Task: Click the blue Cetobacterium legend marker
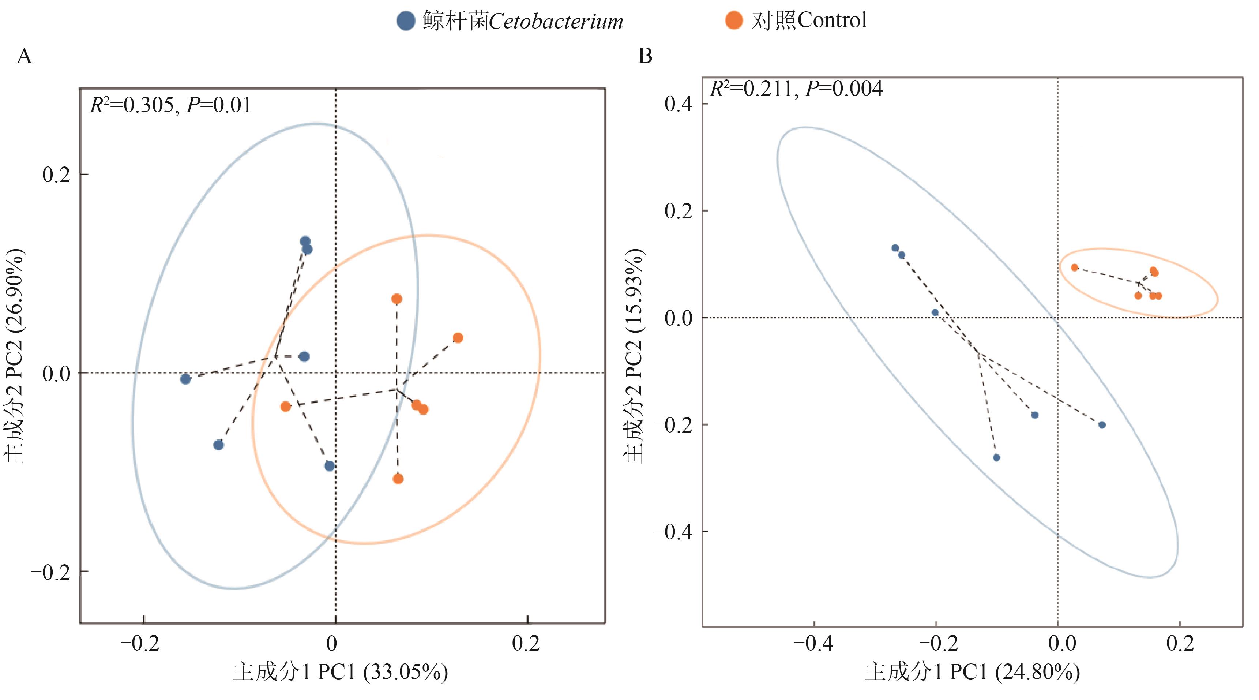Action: [x=406, y=21]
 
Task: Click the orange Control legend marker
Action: [x=734, y=20]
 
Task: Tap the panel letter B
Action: [x=645, y=56]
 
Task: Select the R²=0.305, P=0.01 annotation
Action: [x=170, y=105]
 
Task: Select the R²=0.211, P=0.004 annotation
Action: [x=796, y=89]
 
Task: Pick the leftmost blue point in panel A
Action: [x=185, y=379]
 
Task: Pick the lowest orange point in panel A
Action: [x=398, y=479]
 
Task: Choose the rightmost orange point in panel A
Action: [x=458, y=338]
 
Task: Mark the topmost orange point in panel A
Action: [x=397, y=299]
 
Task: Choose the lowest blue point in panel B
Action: [x=996, y=457]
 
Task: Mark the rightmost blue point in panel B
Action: [x=1102, y=425]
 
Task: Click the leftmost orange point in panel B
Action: [x=1074, y=267]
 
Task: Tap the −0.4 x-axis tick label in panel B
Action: [x=813, y=643]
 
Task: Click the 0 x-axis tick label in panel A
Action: [x=332, y=643]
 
